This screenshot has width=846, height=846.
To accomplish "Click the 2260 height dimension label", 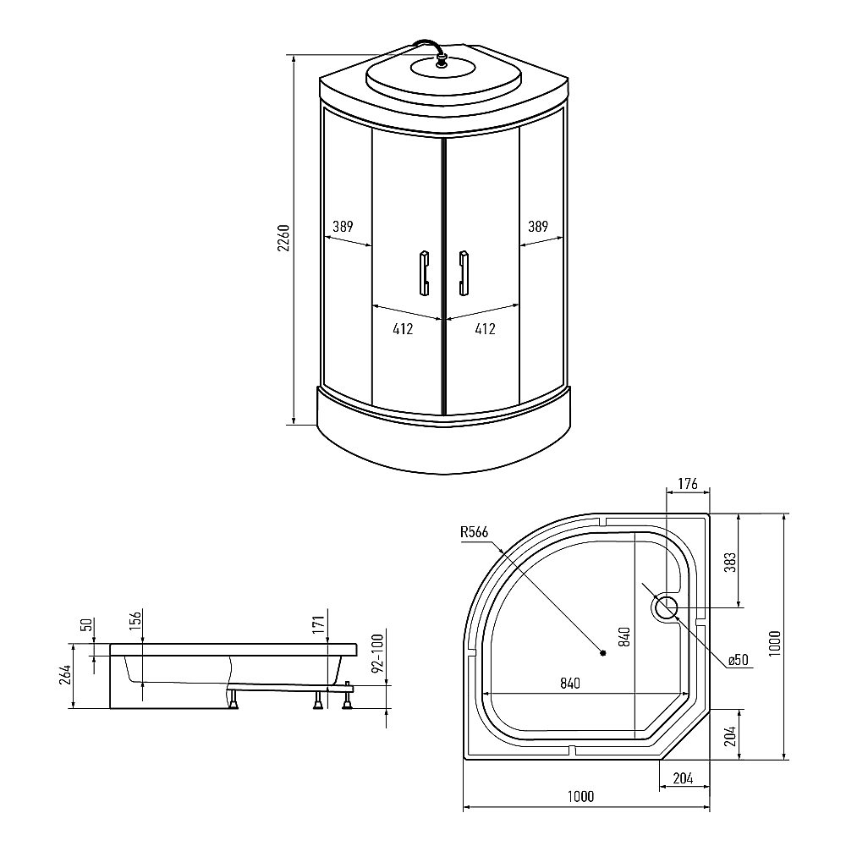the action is [x=283, y=238].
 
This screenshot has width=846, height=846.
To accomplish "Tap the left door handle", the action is [x=425, y=273].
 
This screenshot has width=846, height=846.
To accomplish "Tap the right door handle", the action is [x=463, y=273].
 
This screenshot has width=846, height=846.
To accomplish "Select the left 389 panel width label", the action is [x=343, y=227].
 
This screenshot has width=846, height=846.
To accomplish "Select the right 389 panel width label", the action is [x=538, y=227].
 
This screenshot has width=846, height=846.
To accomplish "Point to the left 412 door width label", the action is [x=403, y=329].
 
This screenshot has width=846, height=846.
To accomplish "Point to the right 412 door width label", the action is [x=485, y=329].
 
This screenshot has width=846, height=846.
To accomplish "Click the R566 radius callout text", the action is [x=475, y=532].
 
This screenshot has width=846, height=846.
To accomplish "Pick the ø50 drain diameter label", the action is [x=738, y=660].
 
